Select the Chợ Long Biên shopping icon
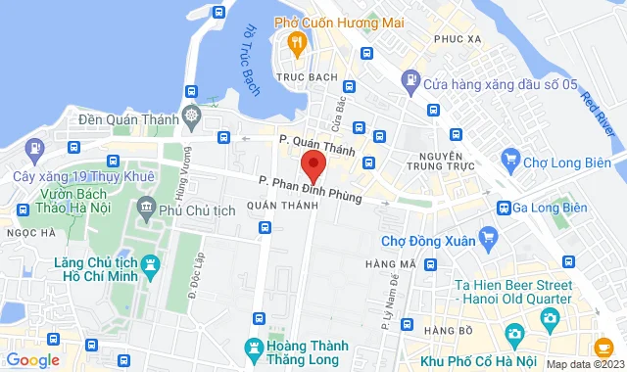[509, 157]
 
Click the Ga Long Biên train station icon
[504, 208]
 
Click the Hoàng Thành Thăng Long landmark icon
[256, 348]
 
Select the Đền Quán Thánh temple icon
[189, 118]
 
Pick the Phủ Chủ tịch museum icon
[147, 208]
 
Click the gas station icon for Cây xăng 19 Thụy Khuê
[35, 150]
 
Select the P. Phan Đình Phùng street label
[311, 190]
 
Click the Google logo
[31, 359]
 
